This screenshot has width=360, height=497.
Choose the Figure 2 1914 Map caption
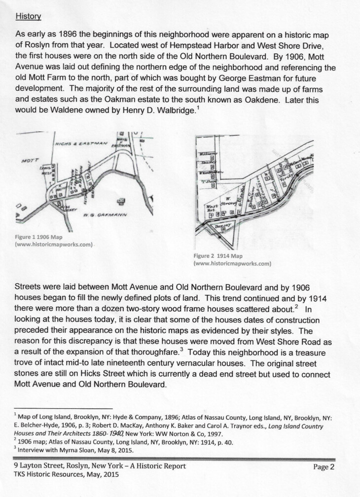pos(218,256)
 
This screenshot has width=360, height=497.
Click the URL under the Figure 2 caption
pos(233,264)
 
